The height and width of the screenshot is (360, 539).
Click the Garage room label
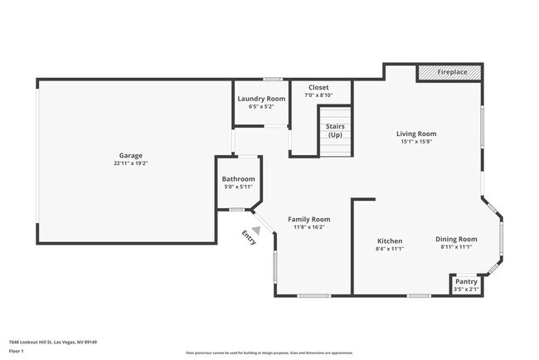130,155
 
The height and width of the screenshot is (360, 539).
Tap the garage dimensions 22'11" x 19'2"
130,163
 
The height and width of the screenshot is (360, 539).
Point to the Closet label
318,87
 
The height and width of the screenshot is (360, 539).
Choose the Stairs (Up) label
335,130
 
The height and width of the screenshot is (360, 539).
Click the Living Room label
415,134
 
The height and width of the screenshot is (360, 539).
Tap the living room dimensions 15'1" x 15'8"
415,142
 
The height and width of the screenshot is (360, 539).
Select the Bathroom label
238,179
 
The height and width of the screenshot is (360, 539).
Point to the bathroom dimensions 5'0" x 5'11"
238,187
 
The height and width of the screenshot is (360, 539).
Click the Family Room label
308,219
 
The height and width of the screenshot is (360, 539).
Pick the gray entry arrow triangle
257,231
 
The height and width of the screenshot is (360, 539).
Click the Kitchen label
389,240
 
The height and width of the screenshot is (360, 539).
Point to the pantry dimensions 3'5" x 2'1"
466,289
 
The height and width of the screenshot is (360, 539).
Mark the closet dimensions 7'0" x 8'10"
318,95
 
